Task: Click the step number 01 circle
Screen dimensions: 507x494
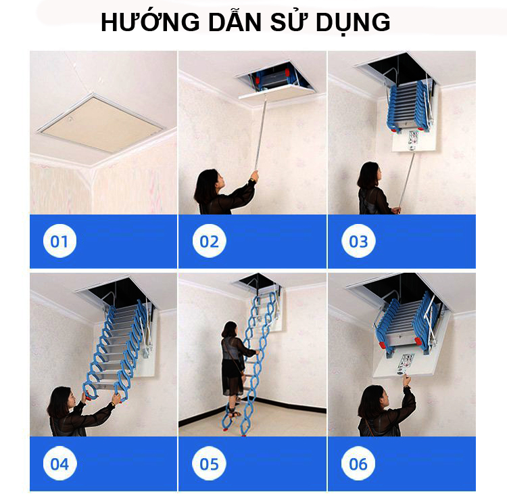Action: pyautogui.click(x=59, y=241)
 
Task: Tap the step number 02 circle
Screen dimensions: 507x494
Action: pyautogui.click(x=209, y=241)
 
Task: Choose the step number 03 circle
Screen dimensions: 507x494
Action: pyautogui.click(x=358, y=241)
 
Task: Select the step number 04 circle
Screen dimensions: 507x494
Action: pyautogui.click(x=59, y=463)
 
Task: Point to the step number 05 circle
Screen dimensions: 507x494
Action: pyautogui.click(x=209, y=463)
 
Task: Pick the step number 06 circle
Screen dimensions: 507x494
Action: pyautogui.click(x=358, y=463)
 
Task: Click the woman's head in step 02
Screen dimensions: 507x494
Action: pyautogui.click(x=209, y=185)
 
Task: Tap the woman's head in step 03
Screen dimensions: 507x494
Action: pyautogui.click(x=369, y=176)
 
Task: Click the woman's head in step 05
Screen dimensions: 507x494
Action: pyautogui.click(x=230, y=330)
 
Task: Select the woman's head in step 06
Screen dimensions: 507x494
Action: pyautogui.click(x=372, y=401)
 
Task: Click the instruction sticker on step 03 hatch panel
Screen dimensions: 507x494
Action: pyautogui.click(x=412, y=141)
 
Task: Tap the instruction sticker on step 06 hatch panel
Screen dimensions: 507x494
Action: pyautogui.click(x=405, y=364)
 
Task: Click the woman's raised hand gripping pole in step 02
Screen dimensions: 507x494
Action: pyautogui.click(x=254, y=176)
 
